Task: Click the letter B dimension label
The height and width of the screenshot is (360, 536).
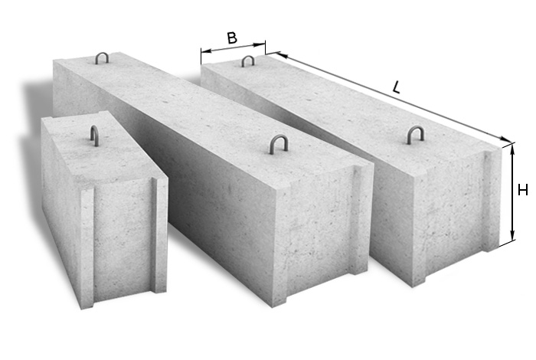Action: [x=232, y=38]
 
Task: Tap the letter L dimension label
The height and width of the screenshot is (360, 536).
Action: [x=396, y=87]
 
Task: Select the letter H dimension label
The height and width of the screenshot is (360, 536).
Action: [x=523, y=190]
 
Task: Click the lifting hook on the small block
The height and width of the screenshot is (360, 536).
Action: [x=93, y=137]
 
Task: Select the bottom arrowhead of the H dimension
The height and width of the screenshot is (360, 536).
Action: [x=512, y=236]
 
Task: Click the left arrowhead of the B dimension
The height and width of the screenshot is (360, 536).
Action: [x=206, y=51]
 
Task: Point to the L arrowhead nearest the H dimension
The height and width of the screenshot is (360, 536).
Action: [x=506, y=139]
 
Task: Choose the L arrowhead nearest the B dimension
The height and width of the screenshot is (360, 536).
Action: [x=281, y=54]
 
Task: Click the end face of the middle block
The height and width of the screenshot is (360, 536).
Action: [x=323, y=235]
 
